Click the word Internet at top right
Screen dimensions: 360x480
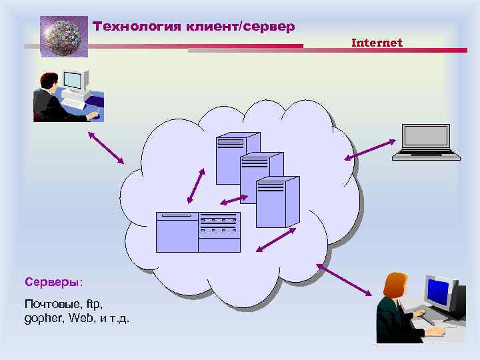point(377,43)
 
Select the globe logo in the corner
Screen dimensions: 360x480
point(64,37)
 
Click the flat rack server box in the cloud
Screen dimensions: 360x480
point(197,232)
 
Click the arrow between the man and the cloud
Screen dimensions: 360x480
point(106,146)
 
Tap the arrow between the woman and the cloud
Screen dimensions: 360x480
point(344,279)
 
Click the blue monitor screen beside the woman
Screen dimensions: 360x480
point(438,291)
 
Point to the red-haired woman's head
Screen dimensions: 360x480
point(395,285)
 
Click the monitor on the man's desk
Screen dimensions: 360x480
point(74,81)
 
